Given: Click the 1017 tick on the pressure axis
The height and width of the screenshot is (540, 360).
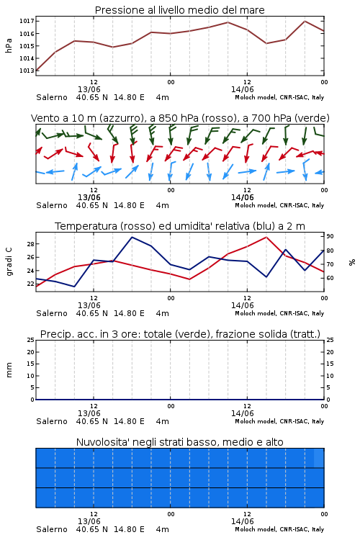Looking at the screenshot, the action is (x=27, y=22).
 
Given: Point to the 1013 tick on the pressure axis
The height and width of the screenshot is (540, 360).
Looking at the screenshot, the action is (x=27, y=71).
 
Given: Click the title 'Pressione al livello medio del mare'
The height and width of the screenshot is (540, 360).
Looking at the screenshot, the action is (x=180, y=10).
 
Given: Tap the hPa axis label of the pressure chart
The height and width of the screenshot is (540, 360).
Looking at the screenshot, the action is (x=9, y=45).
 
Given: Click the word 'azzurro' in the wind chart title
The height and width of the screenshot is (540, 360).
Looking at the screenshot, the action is (x=120, y=119).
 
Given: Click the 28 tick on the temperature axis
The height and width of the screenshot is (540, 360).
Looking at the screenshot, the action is (x=30, y=244).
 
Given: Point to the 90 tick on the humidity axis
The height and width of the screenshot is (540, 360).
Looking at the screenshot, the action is (x=330, y=237).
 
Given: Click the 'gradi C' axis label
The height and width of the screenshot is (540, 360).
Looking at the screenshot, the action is (x=9, y=261).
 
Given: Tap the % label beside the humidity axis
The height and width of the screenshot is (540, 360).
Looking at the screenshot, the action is (x=352, y=262).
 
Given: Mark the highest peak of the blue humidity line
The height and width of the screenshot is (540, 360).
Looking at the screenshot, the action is (x=132, y=238).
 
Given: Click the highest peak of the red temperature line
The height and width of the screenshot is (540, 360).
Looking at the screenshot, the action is (x=266, y=238).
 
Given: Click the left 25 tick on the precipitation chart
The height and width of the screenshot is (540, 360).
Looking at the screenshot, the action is (x=31, y=341).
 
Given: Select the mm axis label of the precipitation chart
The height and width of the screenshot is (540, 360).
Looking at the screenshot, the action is (x=9, y=370).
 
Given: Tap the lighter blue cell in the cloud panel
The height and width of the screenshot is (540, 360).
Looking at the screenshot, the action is (x=319, y=458).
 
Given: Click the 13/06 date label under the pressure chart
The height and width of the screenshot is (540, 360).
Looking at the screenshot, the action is (x=89, y=89).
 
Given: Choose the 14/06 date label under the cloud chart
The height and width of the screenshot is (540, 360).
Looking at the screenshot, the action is (x=243, y=521).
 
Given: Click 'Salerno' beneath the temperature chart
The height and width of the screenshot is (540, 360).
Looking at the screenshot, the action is (x=52, y=313).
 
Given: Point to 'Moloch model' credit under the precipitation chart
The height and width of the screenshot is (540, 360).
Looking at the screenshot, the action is (x=256, y=421).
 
